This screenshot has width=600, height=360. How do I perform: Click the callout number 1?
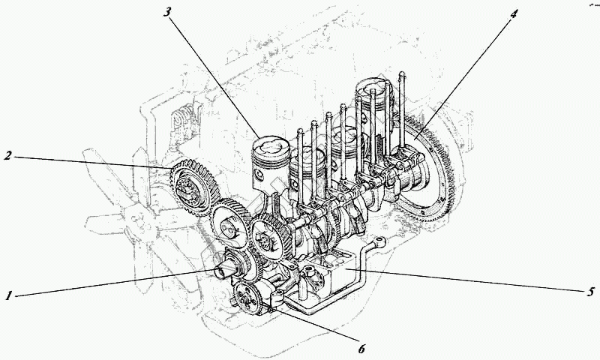pyautogui.click(x=9, y=295)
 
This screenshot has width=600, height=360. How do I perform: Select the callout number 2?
pyautogui.click(x=8, y=156)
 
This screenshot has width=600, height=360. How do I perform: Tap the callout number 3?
pyautogui.click(x=169, y=12)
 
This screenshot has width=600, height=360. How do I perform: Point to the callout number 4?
pyautogui.click(x=514, y=13)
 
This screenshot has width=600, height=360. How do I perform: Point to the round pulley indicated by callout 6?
pyautogui.click(x=247, y=299)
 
